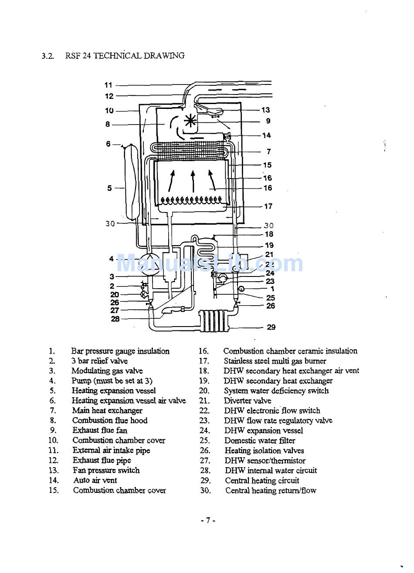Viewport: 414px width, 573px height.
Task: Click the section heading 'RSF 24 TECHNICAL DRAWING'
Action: [125, 55]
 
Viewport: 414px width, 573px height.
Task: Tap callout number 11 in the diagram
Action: [109, 85]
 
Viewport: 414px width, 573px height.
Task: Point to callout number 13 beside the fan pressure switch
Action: [266, 110]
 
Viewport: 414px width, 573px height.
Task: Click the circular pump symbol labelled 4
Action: [149, 264]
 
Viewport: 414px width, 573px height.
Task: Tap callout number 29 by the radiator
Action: [271, 327]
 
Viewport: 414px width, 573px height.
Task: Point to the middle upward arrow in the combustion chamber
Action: [193, 181]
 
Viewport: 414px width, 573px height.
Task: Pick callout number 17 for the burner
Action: [268, 206]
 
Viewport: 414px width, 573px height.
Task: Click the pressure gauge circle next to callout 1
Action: [241, 289]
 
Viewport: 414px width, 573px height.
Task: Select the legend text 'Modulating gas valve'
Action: [107, 371]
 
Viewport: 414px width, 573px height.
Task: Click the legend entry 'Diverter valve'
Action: [248, 401]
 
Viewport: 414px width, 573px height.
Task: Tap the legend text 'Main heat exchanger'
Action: [107, 411]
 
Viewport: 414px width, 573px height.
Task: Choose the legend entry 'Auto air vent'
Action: [95, 480]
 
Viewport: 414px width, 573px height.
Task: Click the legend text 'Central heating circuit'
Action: [262, 480]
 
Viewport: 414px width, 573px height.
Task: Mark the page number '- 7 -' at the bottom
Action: [207, 520]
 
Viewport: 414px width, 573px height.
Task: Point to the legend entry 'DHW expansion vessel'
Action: [264, 431]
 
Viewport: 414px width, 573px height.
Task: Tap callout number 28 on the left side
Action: [115, 319]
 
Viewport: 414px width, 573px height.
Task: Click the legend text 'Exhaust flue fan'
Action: [100, 430]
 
